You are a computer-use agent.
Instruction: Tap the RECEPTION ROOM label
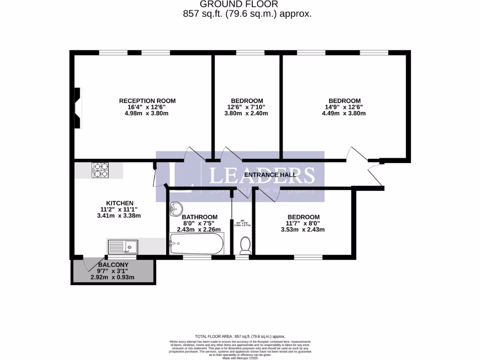click(x=147, y=101)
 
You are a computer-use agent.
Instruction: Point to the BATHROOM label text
click(x=199, y=217)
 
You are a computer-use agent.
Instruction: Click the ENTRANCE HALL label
click(x=270, y=175)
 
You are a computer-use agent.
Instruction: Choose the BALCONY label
click(x=112, y=264)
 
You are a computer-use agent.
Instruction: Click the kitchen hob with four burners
click(x=100, y=170)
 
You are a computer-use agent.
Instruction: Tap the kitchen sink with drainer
click(x=122, y=247)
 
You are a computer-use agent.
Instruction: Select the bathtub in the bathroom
click(x=196, y=244)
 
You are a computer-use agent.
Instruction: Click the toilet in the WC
click(x=245, y=245)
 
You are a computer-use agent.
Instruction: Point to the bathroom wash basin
click(x=177, y=208)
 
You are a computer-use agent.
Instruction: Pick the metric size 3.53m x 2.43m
click(x=302, y=230)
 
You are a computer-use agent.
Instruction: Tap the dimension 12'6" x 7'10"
click(x=247, y=107)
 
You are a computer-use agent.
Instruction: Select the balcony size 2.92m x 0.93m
click(x=112, y=277)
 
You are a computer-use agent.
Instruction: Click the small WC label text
click(x=242, y=221)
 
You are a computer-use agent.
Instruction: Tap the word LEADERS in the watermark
click(x=262, y=175)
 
